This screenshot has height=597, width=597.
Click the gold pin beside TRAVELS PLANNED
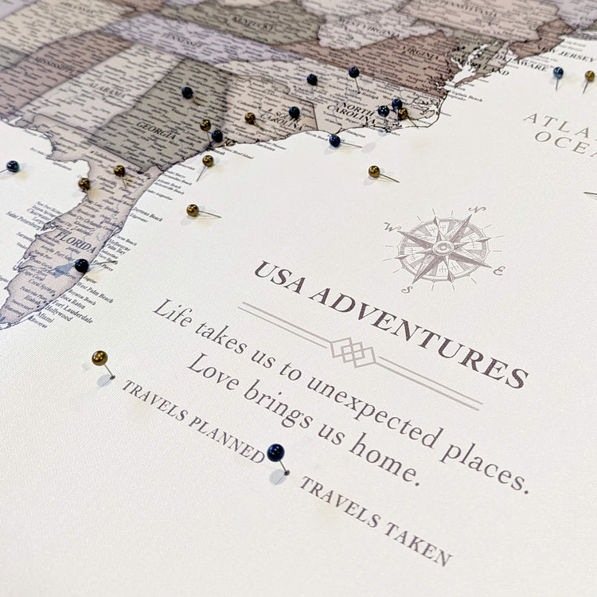99,358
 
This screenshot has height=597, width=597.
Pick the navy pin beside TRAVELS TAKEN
275,453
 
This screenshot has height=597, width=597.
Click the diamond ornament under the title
353,350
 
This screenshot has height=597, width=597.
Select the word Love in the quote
213,369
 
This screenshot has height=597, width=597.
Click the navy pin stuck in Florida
82,266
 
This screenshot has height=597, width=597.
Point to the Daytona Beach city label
144,214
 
